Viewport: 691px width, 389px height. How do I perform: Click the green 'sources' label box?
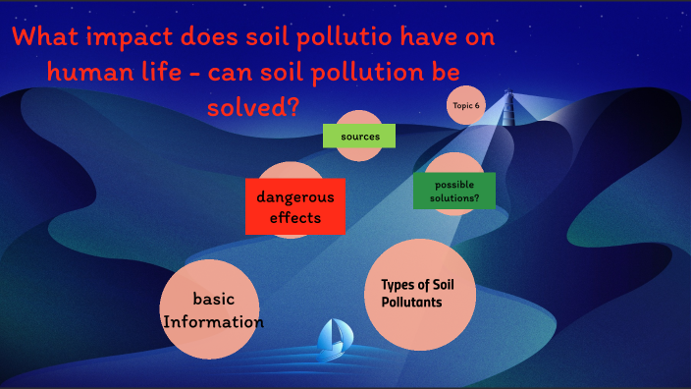click(359, 136)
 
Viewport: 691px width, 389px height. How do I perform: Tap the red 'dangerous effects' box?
click(294, 207)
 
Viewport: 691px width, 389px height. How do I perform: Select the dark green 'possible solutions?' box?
click(454, 191)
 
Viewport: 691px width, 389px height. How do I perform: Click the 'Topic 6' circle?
click(467, 105)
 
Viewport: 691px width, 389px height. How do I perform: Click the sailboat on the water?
click(332, 339)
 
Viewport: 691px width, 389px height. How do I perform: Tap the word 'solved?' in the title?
click(254, 105)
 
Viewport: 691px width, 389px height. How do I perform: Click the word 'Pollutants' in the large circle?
click(411, 302)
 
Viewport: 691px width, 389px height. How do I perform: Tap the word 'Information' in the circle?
click(213, 321)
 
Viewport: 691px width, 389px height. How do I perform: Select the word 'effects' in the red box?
click(294, 218)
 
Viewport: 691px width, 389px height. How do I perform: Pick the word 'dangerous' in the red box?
click(294, 196)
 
